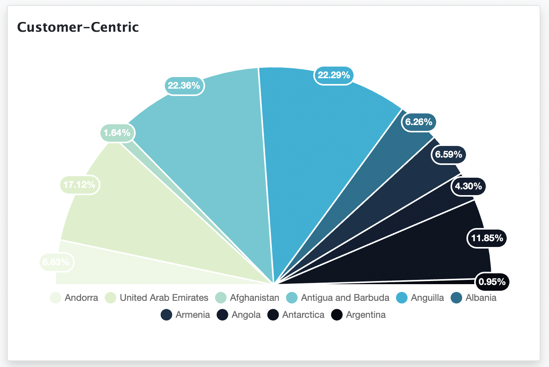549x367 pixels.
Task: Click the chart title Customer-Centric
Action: coord(78,27)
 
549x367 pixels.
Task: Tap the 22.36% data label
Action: coord(184,86)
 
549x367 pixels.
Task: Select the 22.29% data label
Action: coord(334,75)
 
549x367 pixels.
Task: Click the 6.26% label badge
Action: coord(419,122)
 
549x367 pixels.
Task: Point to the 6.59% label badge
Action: coord(449,154)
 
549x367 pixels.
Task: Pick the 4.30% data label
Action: coord(468,186)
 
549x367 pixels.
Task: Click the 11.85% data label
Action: coord(487,238)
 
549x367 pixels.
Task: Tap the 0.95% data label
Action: coord(492,281)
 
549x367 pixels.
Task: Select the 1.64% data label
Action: coord(117,133)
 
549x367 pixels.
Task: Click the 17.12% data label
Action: coord(79,185)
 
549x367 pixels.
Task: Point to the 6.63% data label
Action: coord(56,262)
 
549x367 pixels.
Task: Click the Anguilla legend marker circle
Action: coord(402,298)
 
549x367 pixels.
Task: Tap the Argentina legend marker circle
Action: coord(337,315)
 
